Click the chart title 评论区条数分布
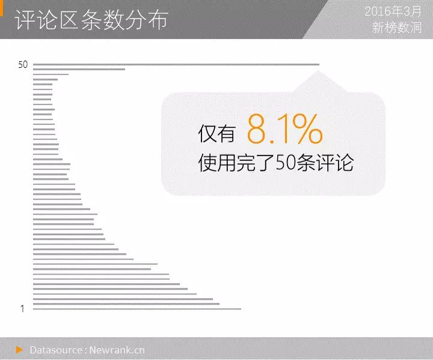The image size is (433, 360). (91, 20)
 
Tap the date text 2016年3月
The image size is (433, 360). (393, 11)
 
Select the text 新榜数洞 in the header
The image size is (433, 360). (396, 28)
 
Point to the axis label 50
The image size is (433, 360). (23, 64)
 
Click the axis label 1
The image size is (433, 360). (22, 309)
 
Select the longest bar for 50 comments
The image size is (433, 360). (176, 64)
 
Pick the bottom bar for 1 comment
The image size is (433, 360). (137, 309)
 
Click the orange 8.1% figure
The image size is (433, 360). (284, 129)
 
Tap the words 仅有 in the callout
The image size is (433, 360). (216, 133)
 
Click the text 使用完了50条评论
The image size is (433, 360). (276, 163)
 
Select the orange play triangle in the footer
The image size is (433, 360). (19, 350)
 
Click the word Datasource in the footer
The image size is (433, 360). (56, 350)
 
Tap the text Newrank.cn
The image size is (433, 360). (117, 350)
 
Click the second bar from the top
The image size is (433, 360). (79, 69)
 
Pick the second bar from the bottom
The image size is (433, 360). (126, 304)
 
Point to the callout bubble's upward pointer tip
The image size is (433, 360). (318, 71)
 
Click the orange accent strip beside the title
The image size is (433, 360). (1, 8)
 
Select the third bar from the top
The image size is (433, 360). (51, 75)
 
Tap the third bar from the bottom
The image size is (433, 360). (123, 299)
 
